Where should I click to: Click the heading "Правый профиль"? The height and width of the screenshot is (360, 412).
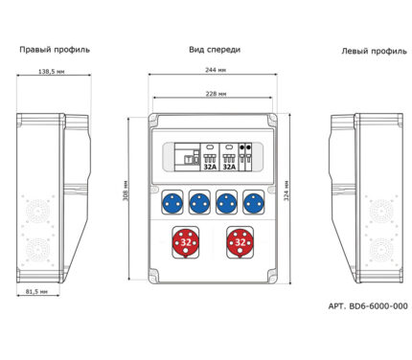click(x=55, y=50)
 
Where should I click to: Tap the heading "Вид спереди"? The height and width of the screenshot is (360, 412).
click(x=215, y=50)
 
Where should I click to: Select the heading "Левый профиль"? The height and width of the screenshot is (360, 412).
click(x=375, y=51)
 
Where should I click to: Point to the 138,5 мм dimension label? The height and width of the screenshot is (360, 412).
click(x=52, y=72)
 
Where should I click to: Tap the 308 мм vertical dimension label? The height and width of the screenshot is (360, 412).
click(x=126, y=191)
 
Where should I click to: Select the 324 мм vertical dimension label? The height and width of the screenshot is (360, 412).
click(x=286, y=191)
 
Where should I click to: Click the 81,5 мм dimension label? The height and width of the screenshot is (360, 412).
click(x=36, y=291)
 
